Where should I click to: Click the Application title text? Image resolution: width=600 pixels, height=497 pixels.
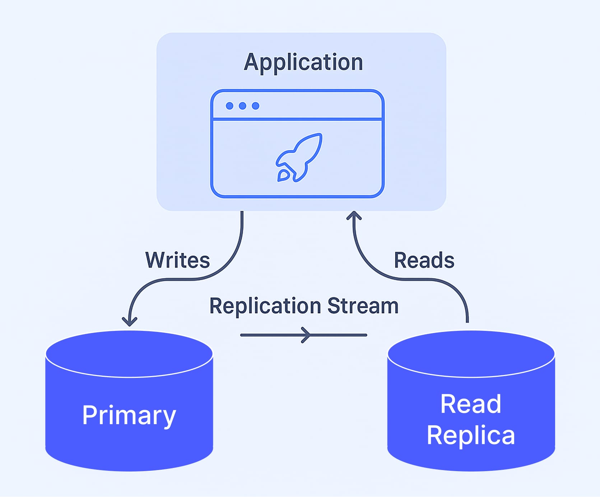303,62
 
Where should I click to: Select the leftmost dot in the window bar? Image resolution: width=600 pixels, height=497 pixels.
229,106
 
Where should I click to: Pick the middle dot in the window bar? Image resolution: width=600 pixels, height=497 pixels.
242,106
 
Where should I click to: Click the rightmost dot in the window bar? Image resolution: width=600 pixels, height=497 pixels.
255,106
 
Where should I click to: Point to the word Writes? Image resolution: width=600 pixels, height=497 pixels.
177,260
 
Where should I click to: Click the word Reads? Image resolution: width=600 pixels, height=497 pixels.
424,260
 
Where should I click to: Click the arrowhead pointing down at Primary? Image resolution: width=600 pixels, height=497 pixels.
130,322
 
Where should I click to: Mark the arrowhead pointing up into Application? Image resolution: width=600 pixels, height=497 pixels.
354,215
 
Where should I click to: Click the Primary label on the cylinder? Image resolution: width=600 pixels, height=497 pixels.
129,415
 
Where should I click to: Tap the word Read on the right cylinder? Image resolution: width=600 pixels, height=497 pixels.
470,404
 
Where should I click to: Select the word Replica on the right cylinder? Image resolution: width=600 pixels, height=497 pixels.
471,435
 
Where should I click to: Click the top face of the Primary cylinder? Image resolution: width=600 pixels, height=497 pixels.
129,353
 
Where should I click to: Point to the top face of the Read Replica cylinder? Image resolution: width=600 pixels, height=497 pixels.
471,353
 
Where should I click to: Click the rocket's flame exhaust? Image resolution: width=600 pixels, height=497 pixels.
283,175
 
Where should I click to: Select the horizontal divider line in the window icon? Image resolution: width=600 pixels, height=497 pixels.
297,119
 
